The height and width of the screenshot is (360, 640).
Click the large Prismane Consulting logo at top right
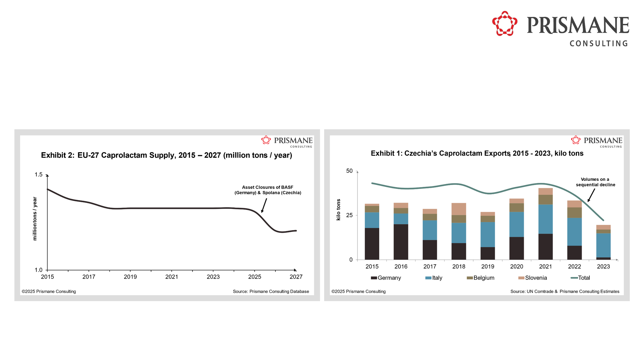pyautogui.click(x=560, y=29)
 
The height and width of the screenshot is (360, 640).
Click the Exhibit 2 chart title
pyautogui.click(x=166, y=155)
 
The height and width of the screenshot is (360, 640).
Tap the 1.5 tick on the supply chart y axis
pyautogui.click(x=38, y=174)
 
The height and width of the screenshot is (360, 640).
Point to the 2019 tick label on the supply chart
pyautogui.click(x=130, y=277)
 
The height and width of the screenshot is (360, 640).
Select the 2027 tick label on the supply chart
pyautogui.click(x=296, y=277)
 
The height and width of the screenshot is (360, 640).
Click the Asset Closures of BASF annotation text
pyautogui.click(x=268, y=190)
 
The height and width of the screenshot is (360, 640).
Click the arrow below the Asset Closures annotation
pyautogui.click(x=264, y=205)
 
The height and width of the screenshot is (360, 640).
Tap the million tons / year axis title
pyautogui.click(x=35, y=219)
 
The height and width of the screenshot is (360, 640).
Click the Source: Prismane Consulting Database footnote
pyautogui.click(x=271, y=292)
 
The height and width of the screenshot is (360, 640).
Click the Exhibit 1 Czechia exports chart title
pyautogui.click(x=477, y=153)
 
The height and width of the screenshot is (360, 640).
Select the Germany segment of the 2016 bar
pyautogui.click(x=401, y=242)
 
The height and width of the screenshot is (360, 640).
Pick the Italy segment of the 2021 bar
pyautogui.click(x=545, y=219)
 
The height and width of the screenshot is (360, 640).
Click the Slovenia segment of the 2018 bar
pyautogui.click(x=459, y=209)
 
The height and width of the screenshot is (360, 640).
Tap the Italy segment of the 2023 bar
pyautogui.click(x=603, y=245)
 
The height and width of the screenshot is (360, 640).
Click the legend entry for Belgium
pyautogui.click(x=481, y=278)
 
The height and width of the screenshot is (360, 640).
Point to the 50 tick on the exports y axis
pyautogui.click(x=349, y=171)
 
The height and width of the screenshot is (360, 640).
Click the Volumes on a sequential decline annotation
pyautogui.click(x=595, y=182)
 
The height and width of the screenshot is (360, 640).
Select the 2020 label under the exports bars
pyautogui.click(x=516, y=267)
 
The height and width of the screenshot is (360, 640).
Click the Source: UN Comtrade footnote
pyautogui.click(x=564, y=292)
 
